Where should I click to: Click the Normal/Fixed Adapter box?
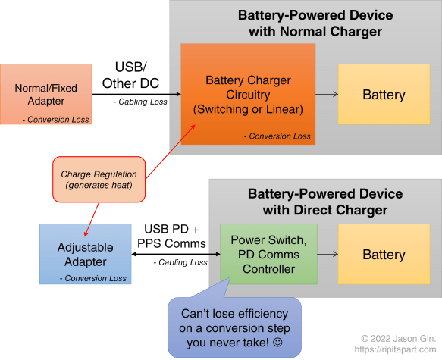(x=46, y=94)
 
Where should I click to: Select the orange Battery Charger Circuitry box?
(x=248, y=94)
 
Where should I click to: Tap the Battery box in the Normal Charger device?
(x=384, y=95)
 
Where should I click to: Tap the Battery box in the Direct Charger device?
(x=384, y=255)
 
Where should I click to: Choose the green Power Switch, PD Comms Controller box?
(x=268, y=255)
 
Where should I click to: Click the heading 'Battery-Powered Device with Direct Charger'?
(x=317, y=202)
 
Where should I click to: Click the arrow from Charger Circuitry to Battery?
(x=326, y=95)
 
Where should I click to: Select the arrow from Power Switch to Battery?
(x=328, y=255)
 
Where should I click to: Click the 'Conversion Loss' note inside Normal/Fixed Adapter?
(x=57, y=119)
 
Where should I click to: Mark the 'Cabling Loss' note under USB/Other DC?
(x=140, y=102)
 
